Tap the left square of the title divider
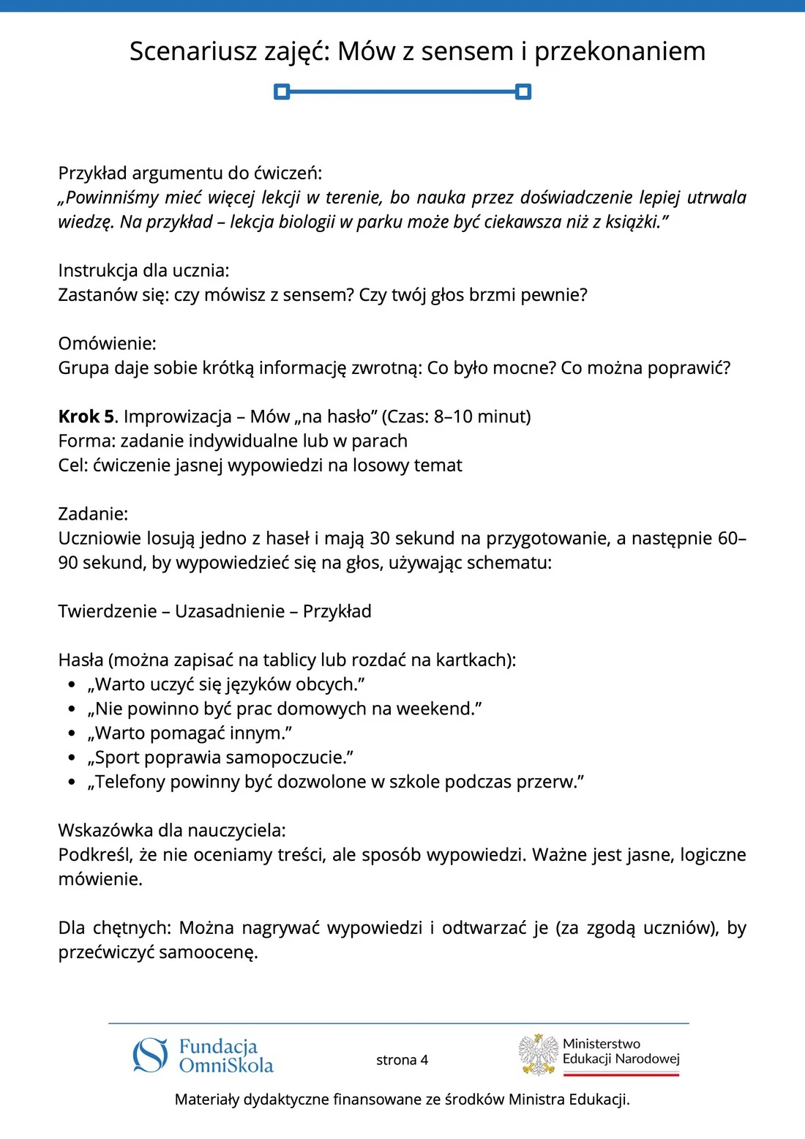(x=282, y=92)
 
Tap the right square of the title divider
(x=523, y=92)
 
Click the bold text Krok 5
(x=86, y=417)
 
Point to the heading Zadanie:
(x=93, y=514)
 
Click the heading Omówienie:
(x=107, y=343)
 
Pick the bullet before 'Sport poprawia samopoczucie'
(x=72, y=758)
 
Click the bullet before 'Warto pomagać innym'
(x=72, y=734)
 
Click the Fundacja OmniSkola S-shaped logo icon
(x=151, y=1056)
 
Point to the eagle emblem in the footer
(x=539, y=1055)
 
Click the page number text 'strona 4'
(x=402, y=1060)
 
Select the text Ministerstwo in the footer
(x=601, y=1044)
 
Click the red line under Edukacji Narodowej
(x=621, y=1075)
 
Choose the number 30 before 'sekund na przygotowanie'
(x=380, y=539)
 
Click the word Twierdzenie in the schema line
(x=108, y=611)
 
